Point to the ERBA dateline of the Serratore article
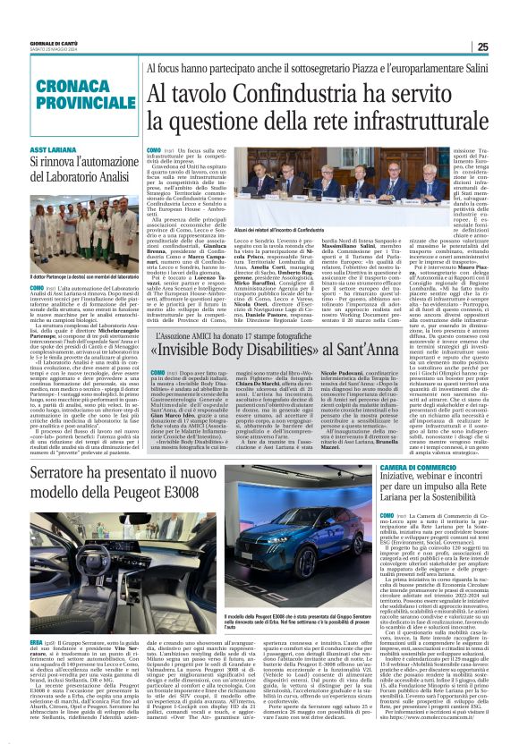pos(38,642)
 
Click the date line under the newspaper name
pos(53,51)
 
